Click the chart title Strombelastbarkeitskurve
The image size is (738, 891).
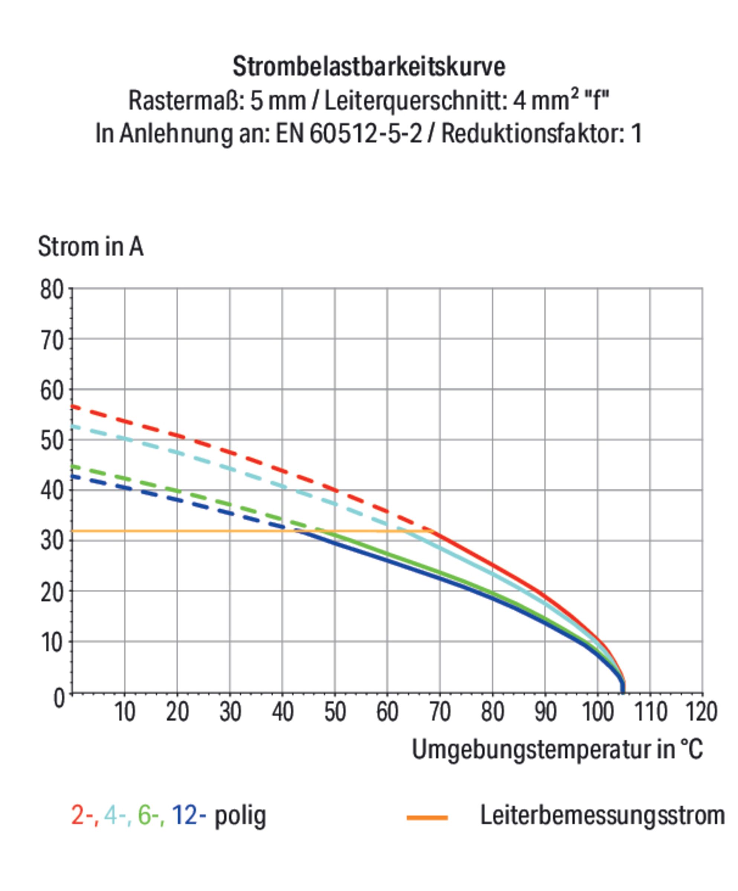(369, 67)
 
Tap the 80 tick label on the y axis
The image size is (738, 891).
(52, 291)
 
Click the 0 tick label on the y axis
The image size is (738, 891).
(60, 698)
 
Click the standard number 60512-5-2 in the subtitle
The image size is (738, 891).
(366, 134)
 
